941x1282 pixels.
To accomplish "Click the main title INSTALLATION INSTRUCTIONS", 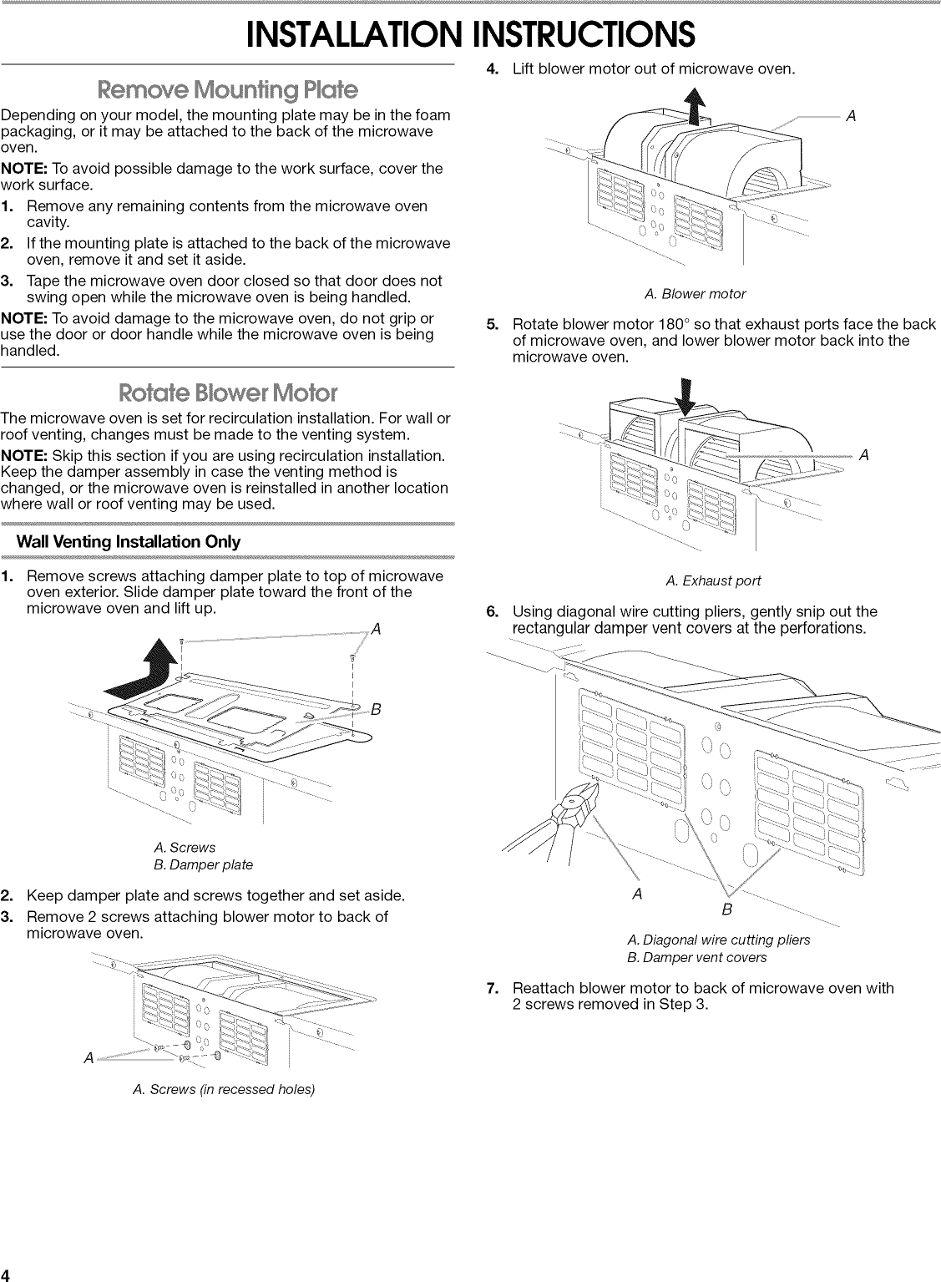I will coord(470,33).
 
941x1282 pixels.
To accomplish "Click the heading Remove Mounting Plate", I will coord(227,89).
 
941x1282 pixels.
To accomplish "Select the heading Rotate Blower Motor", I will coord(227,392).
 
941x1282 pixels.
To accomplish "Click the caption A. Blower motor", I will coord(695,294).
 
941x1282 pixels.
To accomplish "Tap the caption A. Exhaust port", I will coord(713,580).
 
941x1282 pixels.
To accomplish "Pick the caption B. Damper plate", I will coord(204,864).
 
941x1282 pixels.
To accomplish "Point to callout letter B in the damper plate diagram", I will coord(375,710).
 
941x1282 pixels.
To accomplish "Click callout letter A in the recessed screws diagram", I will coord(89,1058).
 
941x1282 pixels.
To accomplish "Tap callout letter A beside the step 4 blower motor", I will coord(851,116).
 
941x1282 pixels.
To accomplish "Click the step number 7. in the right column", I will coord(493,988).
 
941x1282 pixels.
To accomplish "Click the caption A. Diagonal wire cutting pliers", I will coord(718,940).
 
